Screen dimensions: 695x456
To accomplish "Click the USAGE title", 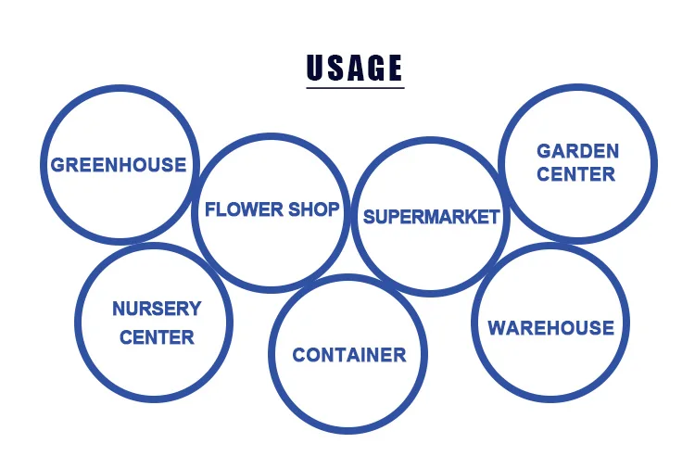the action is click(355, 68).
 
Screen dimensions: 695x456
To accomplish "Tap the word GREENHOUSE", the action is click(119, 165).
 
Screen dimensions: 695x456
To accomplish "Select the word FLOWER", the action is click(236, 209).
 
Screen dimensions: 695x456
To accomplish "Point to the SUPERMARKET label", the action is click(431, 217).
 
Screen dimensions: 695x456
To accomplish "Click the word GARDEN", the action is click(578, 151).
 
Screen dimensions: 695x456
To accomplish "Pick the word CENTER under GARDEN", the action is click(576, 173).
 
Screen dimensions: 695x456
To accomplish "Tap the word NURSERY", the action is click(157, 309).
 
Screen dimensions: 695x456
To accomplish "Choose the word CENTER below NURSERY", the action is click(157, 336).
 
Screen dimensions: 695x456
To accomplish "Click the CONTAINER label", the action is click(349, 355).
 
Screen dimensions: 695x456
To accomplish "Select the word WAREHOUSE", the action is click(550, 327).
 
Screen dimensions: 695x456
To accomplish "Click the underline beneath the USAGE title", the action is click(355, 87).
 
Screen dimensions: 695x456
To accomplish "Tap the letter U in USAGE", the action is click(317, 68).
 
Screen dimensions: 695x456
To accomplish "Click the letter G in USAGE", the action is click(374, 68).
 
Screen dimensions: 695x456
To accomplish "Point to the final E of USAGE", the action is click(394, 68).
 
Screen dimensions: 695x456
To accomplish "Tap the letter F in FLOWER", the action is click(209, 209).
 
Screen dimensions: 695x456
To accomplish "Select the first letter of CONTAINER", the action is click(299, 355).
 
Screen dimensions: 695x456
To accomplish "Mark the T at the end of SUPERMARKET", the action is click(494, 217).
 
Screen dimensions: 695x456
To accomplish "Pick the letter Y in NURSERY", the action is click(194, 309).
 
